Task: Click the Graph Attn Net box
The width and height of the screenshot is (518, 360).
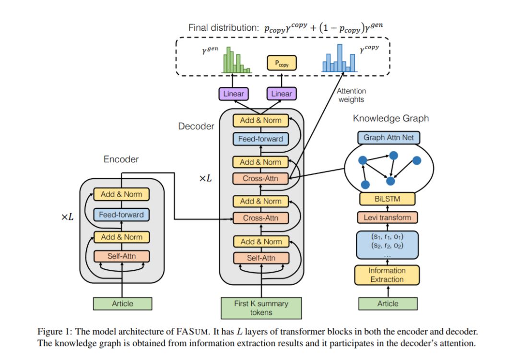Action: (x=388, y=138)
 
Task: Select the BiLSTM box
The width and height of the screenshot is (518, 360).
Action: (x=387, y=198)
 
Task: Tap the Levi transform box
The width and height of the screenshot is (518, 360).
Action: (x=387, y=217)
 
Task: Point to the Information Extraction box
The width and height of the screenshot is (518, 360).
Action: (x=387, y=275)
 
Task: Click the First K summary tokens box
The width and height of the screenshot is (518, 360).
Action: (x=261, y=308)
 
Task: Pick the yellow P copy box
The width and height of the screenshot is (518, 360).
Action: (x=282, y=63)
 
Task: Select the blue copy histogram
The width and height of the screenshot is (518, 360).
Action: (x=340, y=58)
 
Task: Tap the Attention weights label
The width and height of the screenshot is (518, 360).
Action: (x=351, y=95)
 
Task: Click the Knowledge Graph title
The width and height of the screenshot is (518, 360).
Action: (x=390, y=118)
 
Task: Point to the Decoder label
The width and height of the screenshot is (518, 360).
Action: (x=196, y=127)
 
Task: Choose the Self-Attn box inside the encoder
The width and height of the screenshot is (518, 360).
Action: (x=121, y=256)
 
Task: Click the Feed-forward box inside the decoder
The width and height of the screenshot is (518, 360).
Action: (x=260, y=139)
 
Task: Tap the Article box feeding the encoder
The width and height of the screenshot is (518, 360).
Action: (x=122, y=303)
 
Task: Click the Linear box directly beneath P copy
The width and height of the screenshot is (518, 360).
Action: (x=281, y=94)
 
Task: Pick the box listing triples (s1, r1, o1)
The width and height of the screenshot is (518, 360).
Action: (x=387, y=243)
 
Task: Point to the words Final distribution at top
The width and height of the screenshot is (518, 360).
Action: (x=224, y=27)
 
